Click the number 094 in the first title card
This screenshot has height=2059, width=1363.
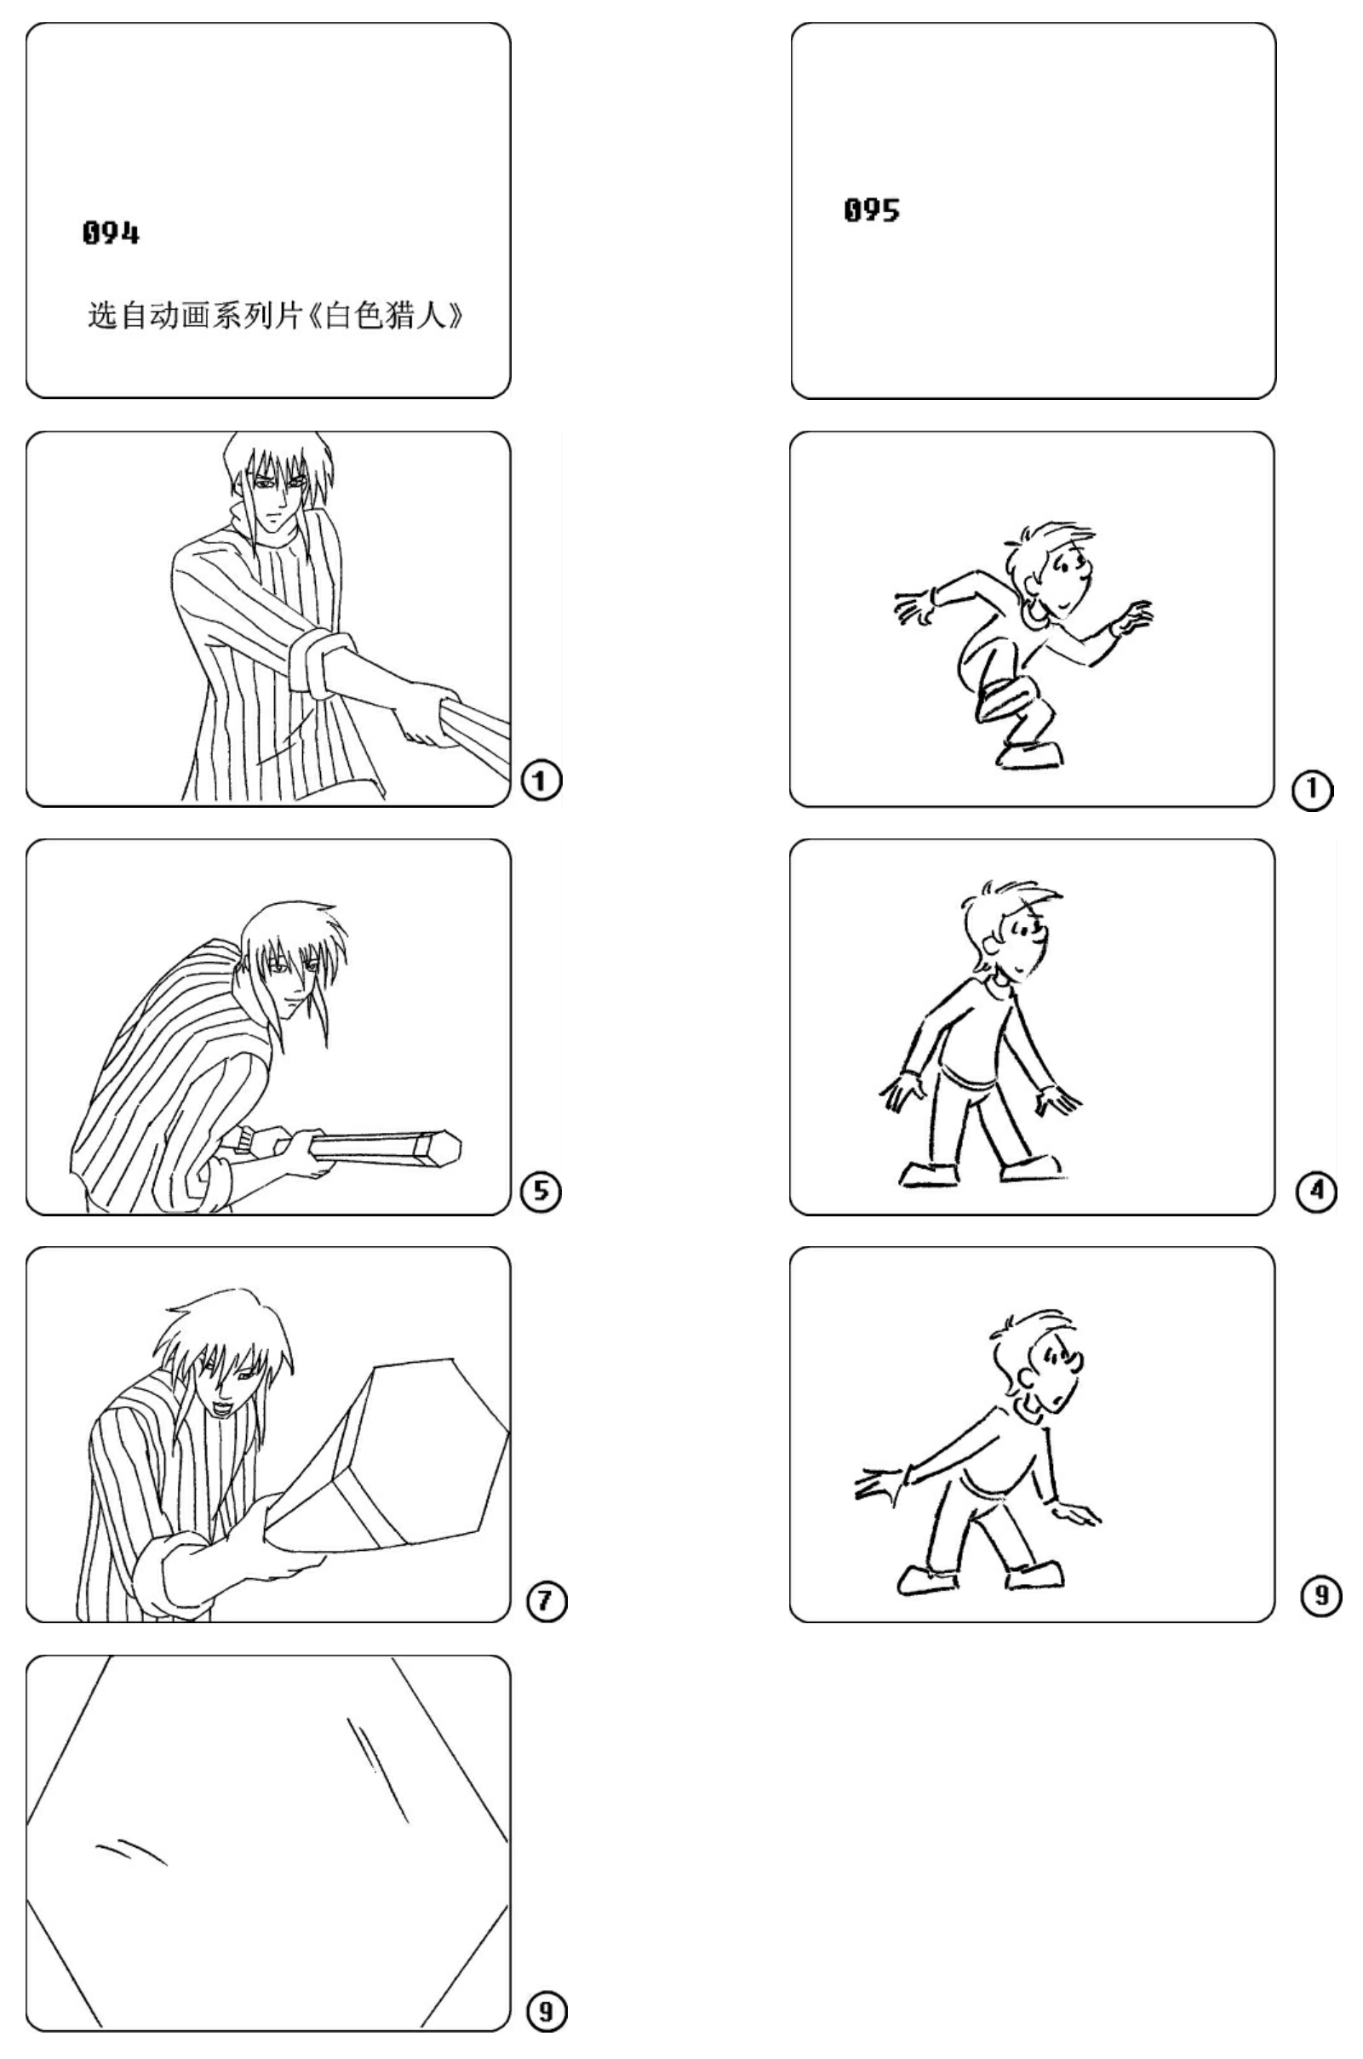112,233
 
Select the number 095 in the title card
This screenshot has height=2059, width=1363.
872,210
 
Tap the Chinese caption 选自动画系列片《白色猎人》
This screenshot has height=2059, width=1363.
277,315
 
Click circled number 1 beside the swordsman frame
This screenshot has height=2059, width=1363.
541,781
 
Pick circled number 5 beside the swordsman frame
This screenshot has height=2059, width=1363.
541,1190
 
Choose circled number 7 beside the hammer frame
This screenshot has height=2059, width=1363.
546,1600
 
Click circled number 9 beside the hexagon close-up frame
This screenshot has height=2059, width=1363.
546,2010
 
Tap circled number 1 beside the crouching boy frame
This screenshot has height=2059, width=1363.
1312,791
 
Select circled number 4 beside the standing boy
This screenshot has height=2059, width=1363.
1317,1190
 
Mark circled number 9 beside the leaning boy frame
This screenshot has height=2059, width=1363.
1321,1595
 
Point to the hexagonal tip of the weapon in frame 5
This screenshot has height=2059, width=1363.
439,1151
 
